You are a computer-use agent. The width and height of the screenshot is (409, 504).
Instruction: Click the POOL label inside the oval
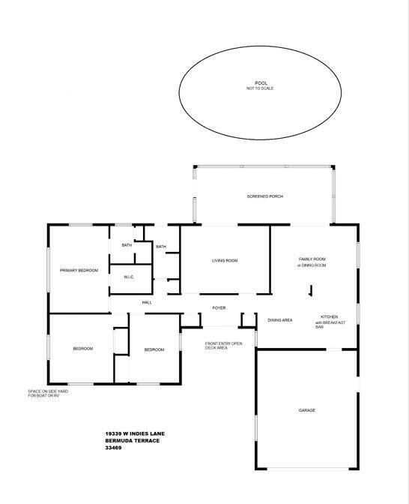pos(261,83)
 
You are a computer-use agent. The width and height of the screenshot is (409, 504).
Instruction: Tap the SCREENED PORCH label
pos(265,196)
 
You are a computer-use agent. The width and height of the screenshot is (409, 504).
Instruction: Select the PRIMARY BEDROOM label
pos(79,271)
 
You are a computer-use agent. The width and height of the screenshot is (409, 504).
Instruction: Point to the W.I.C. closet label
pos(129,277)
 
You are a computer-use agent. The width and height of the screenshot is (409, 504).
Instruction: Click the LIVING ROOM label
pos(225,261)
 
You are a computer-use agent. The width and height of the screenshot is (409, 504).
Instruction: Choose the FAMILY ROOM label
pos(312,259)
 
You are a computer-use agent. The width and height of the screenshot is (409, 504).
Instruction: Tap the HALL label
pos(147,302)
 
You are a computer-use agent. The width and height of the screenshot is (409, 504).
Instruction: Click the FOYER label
pos(219,308)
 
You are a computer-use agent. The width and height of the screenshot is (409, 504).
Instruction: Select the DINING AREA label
pos(280,320)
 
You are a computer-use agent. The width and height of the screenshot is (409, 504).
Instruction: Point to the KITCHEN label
pos(329,317)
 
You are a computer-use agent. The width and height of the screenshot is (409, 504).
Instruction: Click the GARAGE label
pos(307,410)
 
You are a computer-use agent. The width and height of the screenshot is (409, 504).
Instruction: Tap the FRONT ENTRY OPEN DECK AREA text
pos(223,346)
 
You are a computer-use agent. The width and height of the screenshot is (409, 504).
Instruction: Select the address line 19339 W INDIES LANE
pos(135,434)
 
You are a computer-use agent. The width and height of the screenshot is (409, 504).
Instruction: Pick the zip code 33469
pos(113,448)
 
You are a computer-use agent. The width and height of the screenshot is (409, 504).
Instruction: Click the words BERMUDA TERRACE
pos(133,441)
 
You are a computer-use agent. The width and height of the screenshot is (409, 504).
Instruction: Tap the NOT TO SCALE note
pos(260,88)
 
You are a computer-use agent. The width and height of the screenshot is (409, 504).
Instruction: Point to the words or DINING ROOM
pos(312,265)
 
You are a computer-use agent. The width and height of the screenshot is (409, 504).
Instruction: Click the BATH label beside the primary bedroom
pos(127,245)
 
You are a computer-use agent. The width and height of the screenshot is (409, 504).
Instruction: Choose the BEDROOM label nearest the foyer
pos(154,349)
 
